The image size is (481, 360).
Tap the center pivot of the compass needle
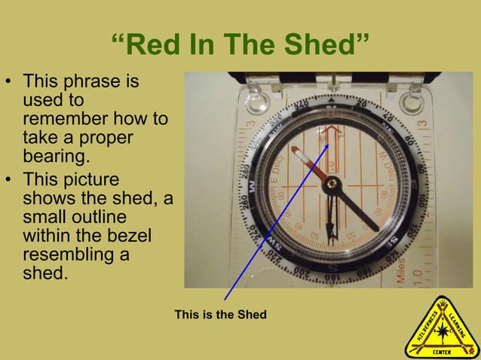[332, 184]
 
